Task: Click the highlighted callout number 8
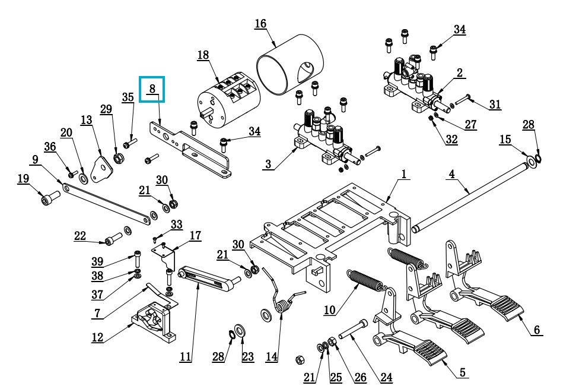coord(152,88)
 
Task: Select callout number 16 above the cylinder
coord(260,24)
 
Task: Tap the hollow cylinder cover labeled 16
coord(290,65)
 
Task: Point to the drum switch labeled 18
coord(229,100)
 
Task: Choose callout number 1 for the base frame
coord(404,174)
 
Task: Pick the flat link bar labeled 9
coord(106,204)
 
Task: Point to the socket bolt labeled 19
coord(50,198)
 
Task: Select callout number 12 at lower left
coord(97,337)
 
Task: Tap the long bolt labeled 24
coord(353,330)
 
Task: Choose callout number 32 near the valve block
coord(452,140)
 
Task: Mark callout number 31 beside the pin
coord(495,105)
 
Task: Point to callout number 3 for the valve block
coord(269,164)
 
